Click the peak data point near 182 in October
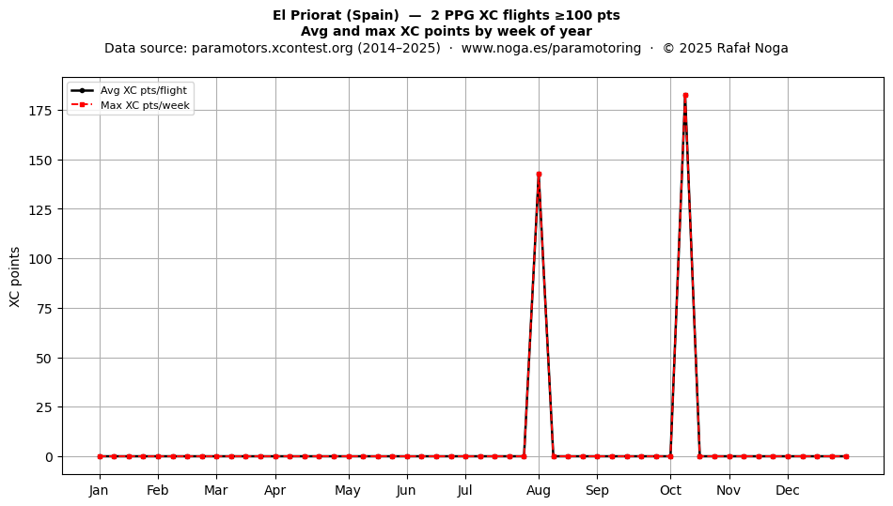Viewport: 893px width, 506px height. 685,96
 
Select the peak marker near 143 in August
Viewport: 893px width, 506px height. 539,175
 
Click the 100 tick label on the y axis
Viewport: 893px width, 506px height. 40,259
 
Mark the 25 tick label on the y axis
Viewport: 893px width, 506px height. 44,407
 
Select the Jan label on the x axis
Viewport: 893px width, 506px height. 99,490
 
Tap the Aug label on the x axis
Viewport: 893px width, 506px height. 539,490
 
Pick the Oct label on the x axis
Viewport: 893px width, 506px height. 670,490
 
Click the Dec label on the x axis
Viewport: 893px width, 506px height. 788,490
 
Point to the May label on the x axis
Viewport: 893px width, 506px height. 348,490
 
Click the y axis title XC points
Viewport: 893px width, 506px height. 15,277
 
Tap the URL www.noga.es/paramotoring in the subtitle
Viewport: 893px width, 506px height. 551,48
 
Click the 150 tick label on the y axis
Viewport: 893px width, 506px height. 40,161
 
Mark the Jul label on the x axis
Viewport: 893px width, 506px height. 465,490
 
